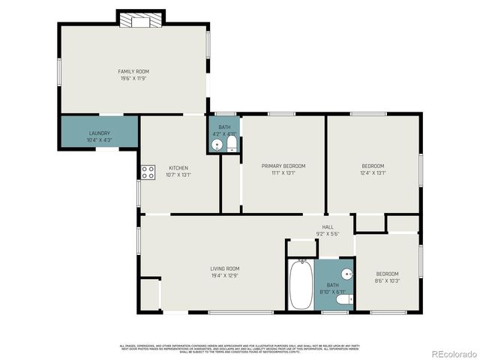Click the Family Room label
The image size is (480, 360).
pos(132,71)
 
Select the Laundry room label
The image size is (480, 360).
pos(99,133)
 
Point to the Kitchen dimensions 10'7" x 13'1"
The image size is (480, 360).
pos(179,173)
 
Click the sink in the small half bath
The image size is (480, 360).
pos(217,144)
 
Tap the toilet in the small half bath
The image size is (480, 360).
pos(232,142)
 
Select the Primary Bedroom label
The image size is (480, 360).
pos(283,166)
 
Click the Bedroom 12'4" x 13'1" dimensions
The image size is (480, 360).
pos(373,172)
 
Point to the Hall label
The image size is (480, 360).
pos(328,227)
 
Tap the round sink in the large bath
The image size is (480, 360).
pos(346,273)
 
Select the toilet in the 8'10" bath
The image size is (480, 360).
pos(343,300)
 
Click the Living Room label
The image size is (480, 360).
pos(224,268)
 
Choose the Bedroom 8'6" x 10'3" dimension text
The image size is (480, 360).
pos(387,280)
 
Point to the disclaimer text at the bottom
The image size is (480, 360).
pos(239,348)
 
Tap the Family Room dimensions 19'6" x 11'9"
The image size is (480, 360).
pos(132,78)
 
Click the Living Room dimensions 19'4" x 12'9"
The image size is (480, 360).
pos(224,274)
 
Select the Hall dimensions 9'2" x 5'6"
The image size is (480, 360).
pos(328,234)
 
